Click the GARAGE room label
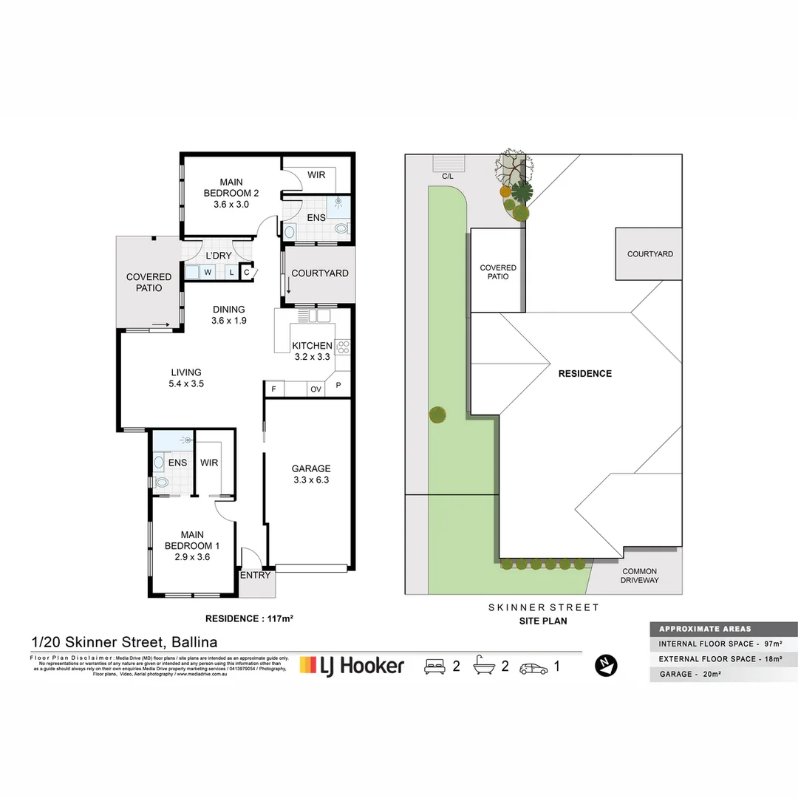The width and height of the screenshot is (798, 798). pos(310,468)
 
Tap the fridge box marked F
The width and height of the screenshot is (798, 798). pos(274,389)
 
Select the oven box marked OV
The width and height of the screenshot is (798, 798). pos(316,389)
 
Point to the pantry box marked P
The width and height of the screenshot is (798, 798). pos(339,386)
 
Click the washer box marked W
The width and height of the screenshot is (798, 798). pos(208,272)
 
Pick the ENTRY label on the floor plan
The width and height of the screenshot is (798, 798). pos(255,575)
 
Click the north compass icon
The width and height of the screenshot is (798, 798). pos(606,665)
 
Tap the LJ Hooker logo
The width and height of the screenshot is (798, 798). pos(352,665)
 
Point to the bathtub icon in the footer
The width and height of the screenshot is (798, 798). pos(484,666)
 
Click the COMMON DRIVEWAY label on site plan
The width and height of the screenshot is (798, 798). pos(639,576)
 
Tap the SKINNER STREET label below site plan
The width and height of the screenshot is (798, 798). pos(543,607)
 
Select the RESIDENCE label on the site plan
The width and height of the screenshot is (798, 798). pos(584,374)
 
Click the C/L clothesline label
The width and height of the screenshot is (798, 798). pos(447,177)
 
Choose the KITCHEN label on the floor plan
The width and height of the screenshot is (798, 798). pos(312,346)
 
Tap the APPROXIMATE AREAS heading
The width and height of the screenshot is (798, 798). pos(704,629)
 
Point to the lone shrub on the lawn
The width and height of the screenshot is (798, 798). pos(437,415)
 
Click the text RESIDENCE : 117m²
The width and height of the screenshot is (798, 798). pos(249,618)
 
